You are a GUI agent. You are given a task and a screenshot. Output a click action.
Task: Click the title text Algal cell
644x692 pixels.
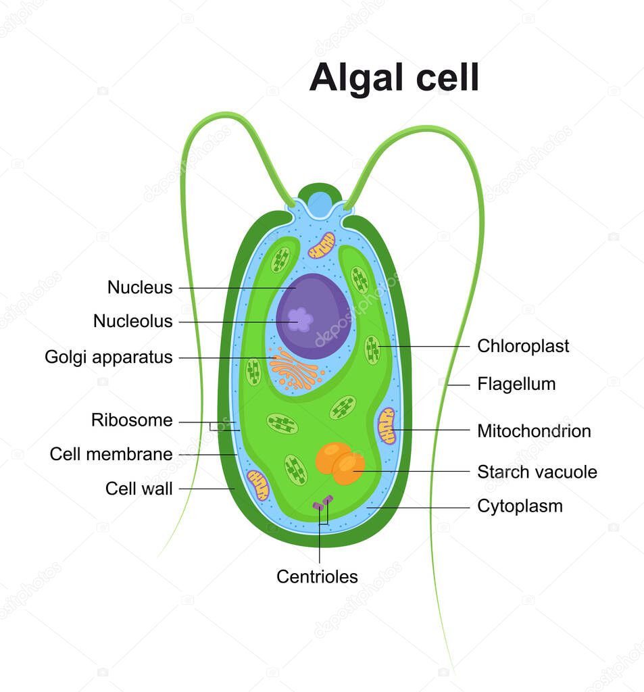pos(394,78)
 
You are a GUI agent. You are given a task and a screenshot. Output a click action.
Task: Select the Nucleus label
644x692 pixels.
pos(140,287)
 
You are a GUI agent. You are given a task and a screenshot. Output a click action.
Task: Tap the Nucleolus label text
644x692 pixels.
pos(132,322)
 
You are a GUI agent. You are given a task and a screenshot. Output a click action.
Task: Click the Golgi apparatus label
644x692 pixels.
pos(109,357)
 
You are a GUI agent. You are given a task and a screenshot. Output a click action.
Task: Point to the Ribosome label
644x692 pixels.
pos(132,420)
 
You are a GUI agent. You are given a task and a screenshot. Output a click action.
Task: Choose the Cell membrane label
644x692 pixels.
pos(111,454)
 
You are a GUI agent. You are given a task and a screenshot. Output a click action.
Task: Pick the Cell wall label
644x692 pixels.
pos(139,489)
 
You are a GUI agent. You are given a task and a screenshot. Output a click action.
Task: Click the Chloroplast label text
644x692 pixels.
pos(523,346)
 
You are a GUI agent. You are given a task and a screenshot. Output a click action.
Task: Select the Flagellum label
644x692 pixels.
pos(516,384)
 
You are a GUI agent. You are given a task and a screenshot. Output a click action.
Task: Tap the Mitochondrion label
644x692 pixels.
pos(534,430)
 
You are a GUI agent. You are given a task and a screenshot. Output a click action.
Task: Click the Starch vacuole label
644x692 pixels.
pos(537,472)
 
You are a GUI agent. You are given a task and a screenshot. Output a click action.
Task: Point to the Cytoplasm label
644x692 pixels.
pos(520,505)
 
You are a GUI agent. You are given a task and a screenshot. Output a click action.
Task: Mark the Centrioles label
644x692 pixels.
pos(317,576)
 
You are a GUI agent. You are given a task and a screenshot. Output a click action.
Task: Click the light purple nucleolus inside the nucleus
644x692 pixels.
pos(300,319)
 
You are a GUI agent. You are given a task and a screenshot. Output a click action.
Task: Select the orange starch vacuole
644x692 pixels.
pos(340,463)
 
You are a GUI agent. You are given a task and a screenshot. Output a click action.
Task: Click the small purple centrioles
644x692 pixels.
pos(322,503)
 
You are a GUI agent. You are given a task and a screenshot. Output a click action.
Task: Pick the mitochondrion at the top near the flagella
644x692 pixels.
pos(322,245)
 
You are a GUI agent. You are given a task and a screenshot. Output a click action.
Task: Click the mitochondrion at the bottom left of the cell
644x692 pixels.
pos(258,485)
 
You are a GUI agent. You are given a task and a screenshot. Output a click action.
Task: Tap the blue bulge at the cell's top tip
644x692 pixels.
pos(320,203)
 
